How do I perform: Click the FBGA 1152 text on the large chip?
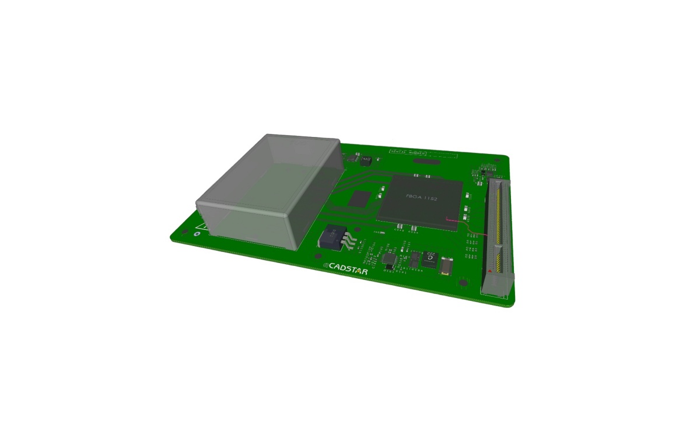pos(421,198)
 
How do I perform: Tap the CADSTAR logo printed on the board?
pos(348,266)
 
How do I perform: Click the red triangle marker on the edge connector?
pos(489,271)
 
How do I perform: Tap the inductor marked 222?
pos(430,257)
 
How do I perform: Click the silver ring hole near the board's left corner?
pos(197,234)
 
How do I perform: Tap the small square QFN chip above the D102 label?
pos(390,258)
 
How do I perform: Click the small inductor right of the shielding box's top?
pos(366,159)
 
